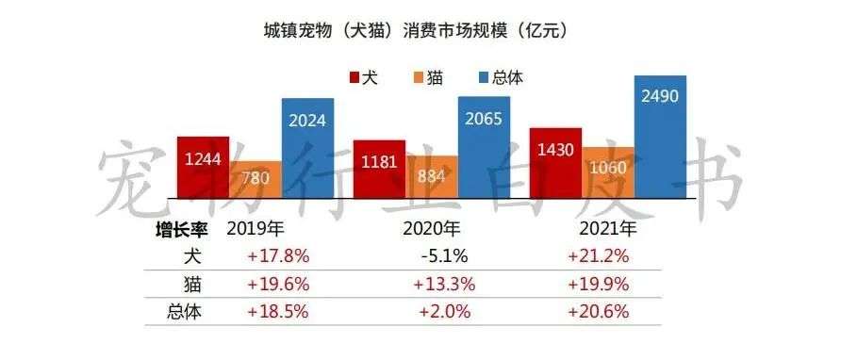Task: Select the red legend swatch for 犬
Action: coord(355,78)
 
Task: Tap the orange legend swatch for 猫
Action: coord(419,78)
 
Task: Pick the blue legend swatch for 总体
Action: coord(485,78)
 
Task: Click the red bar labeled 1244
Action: coord(203,166)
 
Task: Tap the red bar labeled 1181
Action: coord(379,169)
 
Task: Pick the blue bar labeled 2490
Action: coord(660,137)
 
